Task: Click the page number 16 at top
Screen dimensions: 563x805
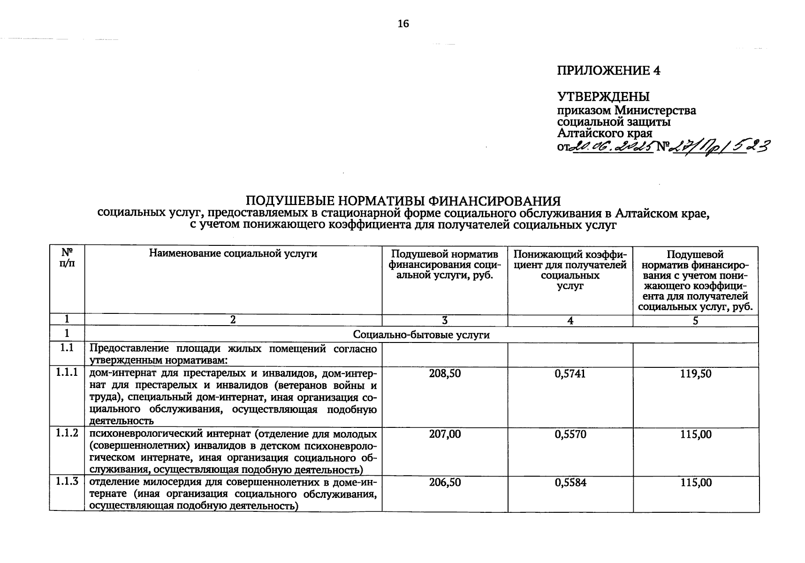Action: pos(403,24)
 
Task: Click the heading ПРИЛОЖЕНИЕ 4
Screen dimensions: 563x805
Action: pos(608,71)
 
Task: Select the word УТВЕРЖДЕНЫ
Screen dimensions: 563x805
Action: pos(603,97)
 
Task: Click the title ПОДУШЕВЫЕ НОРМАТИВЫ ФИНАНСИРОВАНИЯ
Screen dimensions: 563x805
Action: pos(403,201)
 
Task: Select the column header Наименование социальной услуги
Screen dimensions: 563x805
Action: pos(233,254)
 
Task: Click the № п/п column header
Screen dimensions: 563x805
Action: pos(67,258)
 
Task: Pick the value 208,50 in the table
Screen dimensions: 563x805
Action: pos(445,374)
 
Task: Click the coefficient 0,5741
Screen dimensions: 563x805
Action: pos(570,374)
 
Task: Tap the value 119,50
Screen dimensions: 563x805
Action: pos(696,374)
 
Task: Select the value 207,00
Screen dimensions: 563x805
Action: pos(445,434)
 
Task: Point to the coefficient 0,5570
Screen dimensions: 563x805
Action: pos(570,434)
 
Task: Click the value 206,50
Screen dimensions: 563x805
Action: pos(445,483)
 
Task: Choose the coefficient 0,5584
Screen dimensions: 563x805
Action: pos(570,483)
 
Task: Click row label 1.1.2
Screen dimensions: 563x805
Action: pos(67,434)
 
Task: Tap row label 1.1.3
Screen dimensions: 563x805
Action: pos(67,482)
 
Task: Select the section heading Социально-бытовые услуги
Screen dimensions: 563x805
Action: pos(421,335)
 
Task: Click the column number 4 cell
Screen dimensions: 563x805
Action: pos(570,320)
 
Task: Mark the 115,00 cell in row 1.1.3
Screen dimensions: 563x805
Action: pos(696,483)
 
